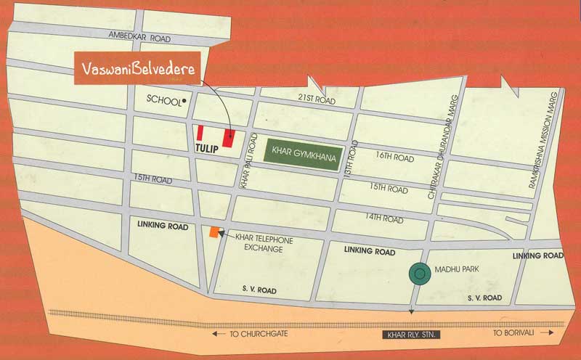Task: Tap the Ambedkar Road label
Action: pyautogui.click(x=139, y=36)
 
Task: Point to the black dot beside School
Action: pyautogui.click(x=185, y=100)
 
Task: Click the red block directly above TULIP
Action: pyautogui.click(x=200, y=133)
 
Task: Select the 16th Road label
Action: pyautogui.click(x=394, y=158)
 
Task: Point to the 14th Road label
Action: pyautogui.click(x=383, y=218)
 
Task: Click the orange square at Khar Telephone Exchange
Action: pyautogui.click(x=214, y=232)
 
